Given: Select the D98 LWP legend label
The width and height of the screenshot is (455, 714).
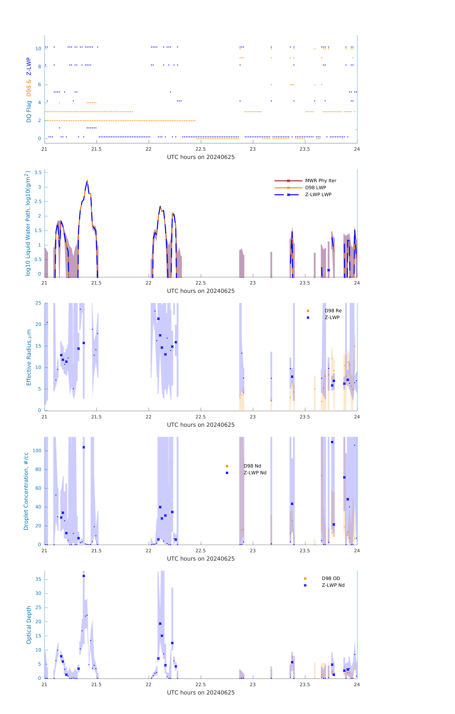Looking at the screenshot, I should tap(315, 188).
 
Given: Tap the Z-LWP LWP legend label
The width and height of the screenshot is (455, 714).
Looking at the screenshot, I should tap(318, 195).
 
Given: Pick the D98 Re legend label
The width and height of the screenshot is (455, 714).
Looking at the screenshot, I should tap(333, 311).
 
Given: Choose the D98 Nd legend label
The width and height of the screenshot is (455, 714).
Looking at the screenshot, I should tap(252, 466).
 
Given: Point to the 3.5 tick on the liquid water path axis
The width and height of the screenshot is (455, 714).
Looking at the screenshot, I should tap(38, 173).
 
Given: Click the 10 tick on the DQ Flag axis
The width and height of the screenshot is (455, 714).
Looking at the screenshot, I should tap(38, 49).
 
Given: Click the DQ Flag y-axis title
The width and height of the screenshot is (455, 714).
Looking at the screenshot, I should tap(29, 90).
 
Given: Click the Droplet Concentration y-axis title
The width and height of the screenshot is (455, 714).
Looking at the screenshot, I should tap(26, 491).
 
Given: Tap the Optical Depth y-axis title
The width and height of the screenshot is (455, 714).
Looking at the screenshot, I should tap(29, 625).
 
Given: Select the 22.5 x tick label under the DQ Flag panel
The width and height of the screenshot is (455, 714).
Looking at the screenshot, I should tap(201, 149).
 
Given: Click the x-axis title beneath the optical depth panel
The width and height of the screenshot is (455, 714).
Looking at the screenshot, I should tap(201, 693).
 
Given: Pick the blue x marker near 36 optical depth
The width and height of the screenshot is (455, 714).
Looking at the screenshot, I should tap(84, 576).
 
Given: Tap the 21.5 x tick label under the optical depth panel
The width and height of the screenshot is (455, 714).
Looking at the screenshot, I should tap(96, 685).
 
